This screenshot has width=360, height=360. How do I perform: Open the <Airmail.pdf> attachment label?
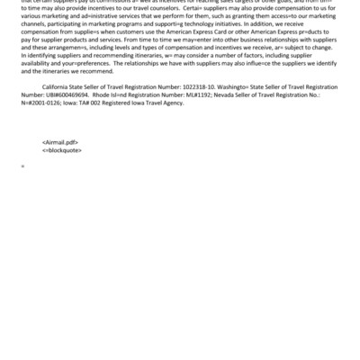tap(60, 142)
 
